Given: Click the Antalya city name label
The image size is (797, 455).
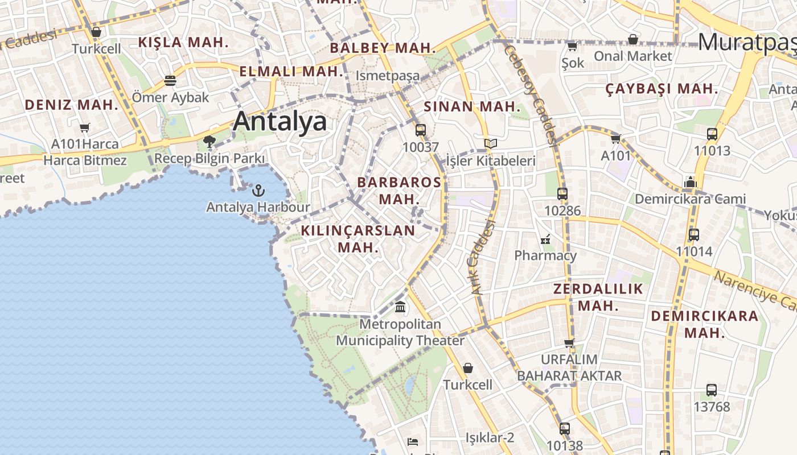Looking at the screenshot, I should pyautogui.click(x=280, y=121).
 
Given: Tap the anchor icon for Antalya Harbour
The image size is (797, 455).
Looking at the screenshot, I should pyautogui.click(x=259, y=190).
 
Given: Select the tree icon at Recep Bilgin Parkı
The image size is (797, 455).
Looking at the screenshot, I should pyautogui.click(x=209, y=141).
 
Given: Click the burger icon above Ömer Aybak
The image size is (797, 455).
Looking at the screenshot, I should pyautogui.click(x=170, y=81).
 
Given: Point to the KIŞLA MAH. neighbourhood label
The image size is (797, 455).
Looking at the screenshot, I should pyautogui.click(x=183, y=42).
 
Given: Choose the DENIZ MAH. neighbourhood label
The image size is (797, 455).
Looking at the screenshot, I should pyautogui.click(x=71, y=105).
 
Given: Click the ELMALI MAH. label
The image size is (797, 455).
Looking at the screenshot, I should pyautogui.click(x=291, y=72).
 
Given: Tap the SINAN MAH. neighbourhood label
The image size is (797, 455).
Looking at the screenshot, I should pyautogui.click(x=472, y=106).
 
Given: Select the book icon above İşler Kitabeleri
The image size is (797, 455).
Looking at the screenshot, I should pyautogui.click(x=490, y=144).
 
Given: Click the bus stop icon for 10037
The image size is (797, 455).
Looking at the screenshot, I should pyautogui.click(x=421, y=130).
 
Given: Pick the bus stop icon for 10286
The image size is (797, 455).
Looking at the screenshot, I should pyautogui.click(x=562, y=194).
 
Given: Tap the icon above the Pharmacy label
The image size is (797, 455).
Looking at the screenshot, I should pyautogui.click(x=546, y=239).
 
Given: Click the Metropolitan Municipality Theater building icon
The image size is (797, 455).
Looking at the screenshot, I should pyautogui.click(x=400, y=307).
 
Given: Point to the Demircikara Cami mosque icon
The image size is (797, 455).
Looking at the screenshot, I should pyautogui.click(x=691, y=183).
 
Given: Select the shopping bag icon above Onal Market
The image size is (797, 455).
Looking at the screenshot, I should pyautogui.click(x=632, y=39).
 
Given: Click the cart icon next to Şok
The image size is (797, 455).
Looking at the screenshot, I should pyautogui.click(x=572, y=46).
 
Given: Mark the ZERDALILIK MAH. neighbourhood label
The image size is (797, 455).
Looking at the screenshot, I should pyautogui.click(x=598, y=297).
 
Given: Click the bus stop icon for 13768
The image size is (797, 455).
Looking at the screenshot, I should pyautogui.click(x=712, y=390).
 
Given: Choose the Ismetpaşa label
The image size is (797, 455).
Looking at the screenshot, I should pyautogui.click(x=388, y=76).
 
